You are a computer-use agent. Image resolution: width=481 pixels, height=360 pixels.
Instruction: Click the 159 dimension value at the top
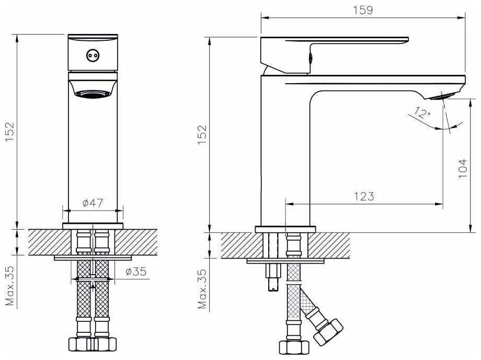[x=363, y=10]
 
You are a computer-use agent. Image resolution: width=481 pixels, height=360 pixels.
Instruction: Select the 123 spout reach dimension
[x=364, y=196]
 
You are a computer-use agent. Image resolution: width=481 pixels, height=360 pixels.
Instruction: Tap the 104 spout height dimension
[x=462, y=168]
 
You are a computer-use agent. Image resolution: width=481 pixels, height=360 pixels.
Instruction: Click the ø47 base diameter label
[x=93, y=203]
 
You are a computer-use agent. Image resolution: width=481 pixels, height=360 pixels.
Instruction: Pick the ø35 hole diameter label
[x=136, y=271]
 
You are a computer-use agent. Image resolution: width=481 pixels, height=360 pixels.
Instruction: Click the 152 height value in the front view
[x=10, y=132]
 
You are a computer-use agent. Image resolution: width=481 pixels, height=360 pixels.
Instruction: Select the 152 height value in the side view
[x=202, y=135]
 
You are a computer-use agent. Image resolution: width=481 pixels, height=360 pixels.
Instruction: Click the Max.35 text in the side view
[x=202, y=289]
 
